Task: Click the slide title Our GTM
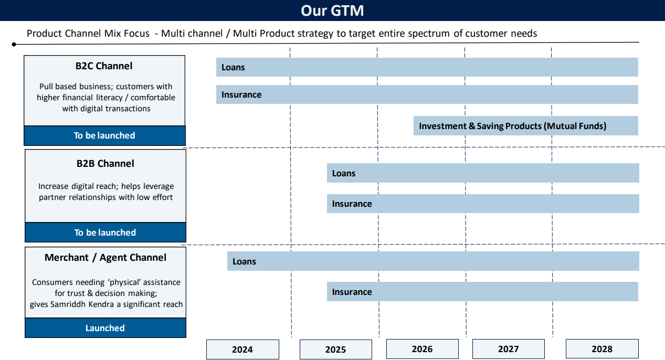(332, 10)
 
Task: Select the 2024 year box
(242, 350)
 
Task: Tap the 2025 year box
(336, 350)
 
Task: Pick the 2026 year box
(422, 349)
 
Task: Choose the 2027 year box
(509, 349)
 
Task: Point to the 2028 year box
(602, 349)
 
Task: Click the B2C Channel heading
(104, 66)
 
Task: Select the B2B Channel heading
(105, 164)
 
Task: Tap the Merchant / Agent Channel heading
(105, 258)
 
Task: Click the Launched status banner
(105, 327)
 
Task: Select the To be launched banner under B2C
(105, 135)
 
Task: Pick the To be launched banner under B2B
(105, 232)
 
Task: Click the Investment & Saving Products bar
(526, 126)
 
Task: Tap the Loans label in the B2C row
(233, 67)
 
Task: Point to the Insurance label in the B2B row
(352, 204)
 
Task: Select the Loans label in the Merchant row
(244, 261)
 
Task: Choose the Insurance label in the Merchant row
(352, 292)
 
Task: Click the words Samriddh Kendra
(82, 304)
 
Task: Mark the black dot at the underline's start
(14, 45)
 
